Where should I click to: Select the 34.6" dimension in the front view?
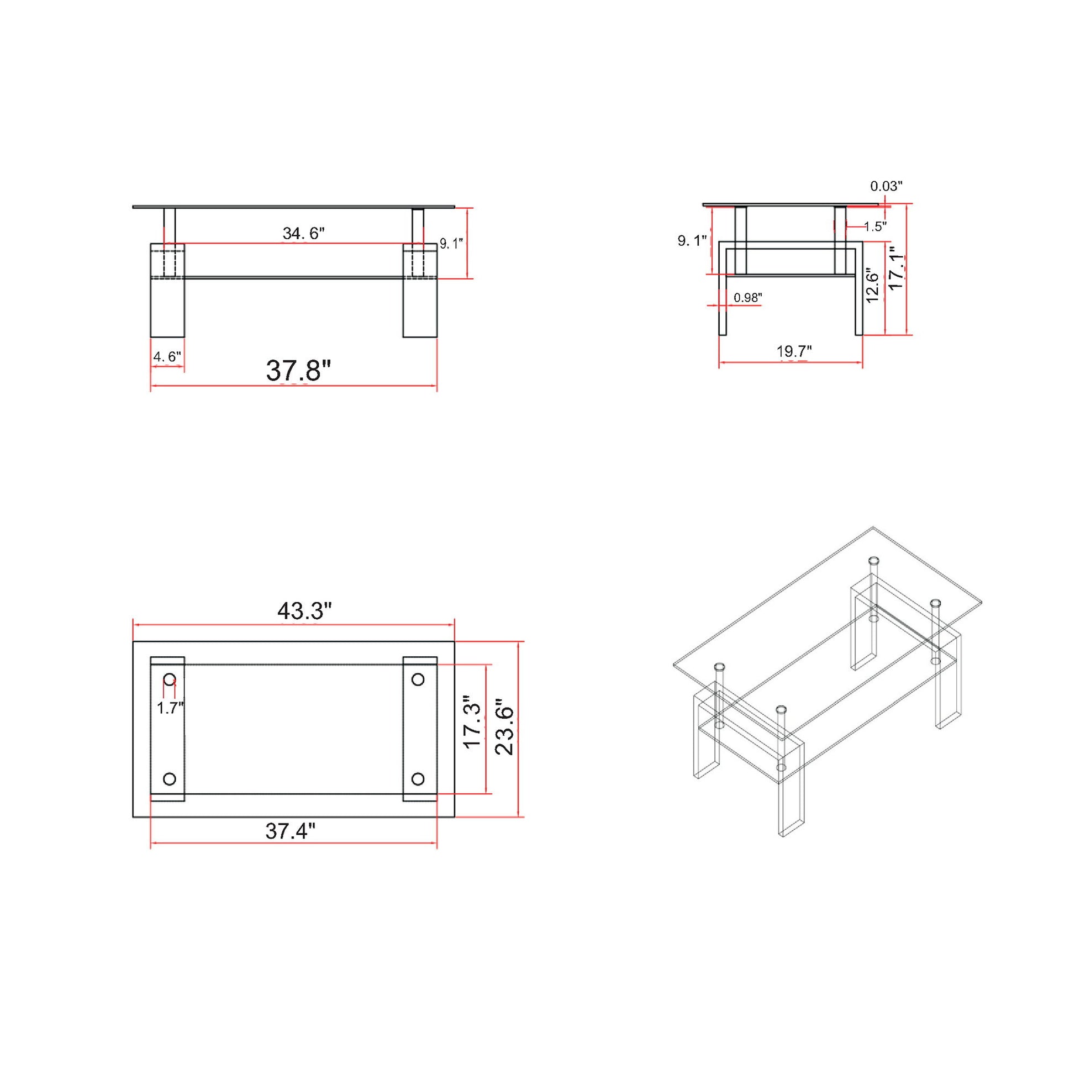pos(303,233)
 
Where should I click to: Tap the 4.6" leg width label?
pos(167,357)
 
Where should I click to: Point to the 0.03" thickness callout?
pos(886,186)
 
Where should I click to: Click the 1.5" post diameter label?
pos(875,226)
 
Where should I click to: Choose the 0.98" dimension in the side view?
pos(747,298)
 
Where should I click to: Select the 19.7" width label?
pos(794,351)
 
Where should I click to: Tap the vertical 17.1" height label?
pos(896,268)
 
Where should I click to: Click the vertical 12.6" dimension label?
pos(872,287)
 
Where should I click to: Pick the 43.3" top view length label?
pos(304,612)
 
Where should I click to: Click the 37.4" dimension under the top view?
pos(291,831)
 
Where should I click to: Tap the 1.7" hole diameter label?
pos(170,708)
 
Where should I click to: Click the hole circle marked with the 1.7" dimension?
pos(170,679)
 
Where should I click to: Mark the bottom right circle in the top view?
pos(418,778)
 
